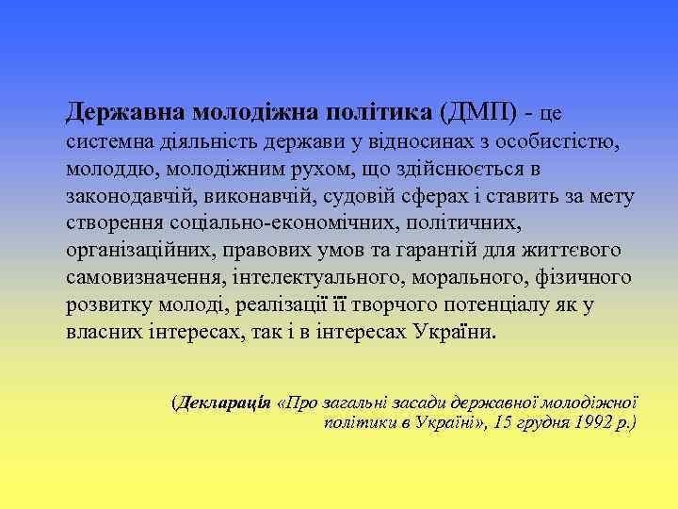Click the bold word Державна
click(x=125, y=114)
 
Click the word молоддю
click(x=104, y=171)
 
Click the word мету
click(x=613, y=197)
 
